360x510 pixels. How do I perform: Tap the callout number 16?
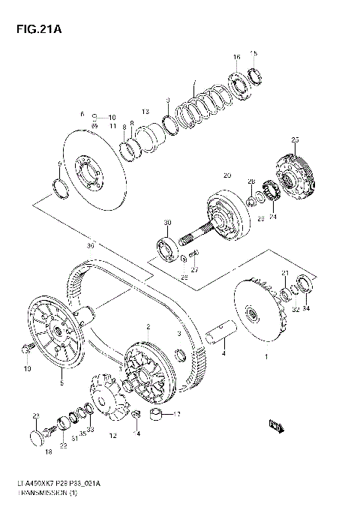click(236, 57)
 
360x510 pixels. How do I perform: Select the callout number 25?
click(295, 140)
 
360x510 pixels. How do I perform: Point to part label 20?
click(226, 175)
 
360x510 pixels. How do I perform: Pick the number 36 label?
click(91, 244)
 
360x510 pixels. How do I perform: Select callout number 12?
click(112, 435)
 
